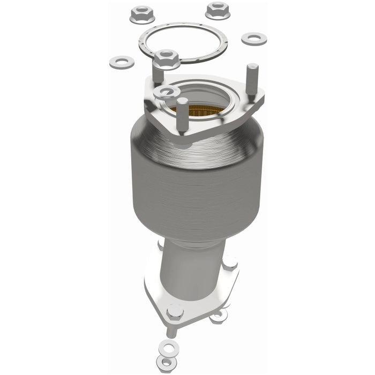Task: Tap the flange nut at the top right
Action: coord(217,10)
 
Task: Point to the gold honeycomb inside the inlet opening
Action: coord(198,110)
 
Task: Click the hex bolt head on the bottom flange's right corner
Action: coord(230,262)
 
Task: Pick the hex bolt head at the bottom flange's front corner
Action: coord(175,311)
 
